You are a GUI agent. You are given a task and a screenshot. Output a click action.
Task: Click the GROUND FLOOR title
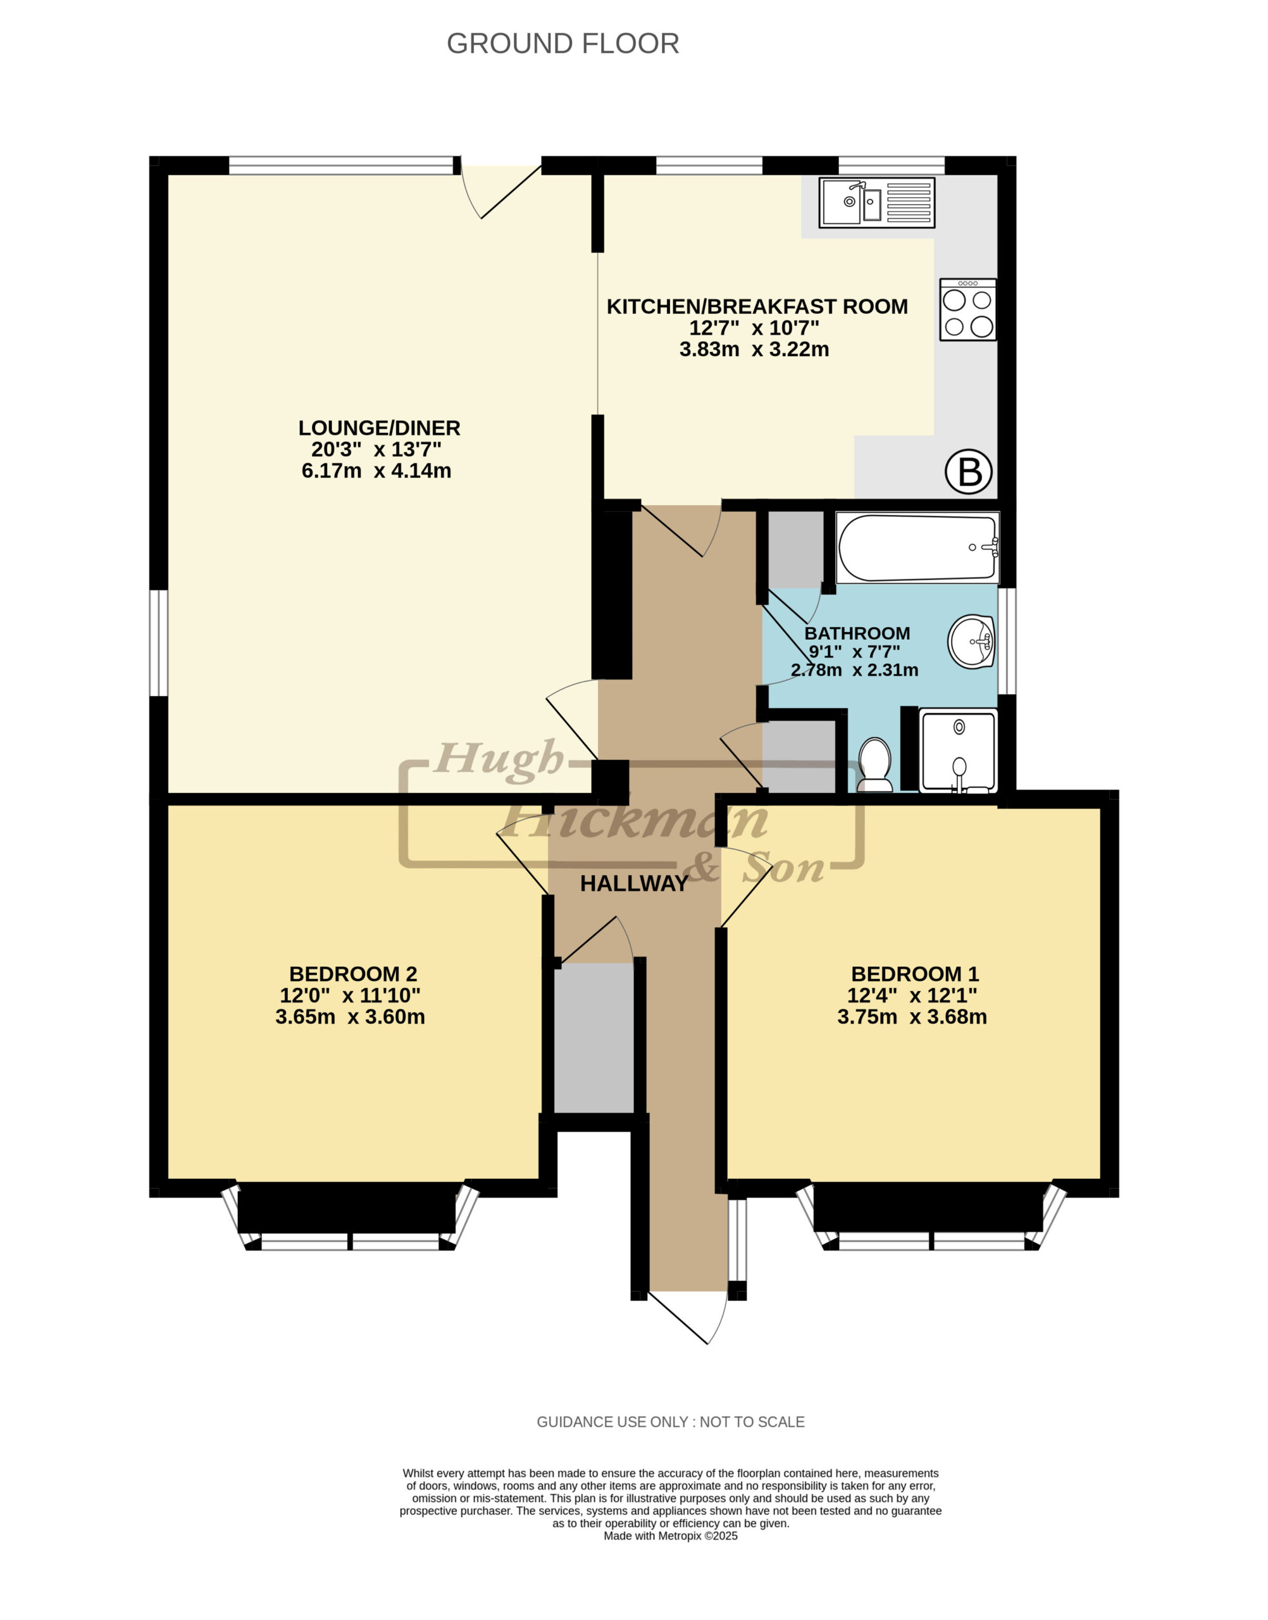pyautogui.click(x=563, y=44)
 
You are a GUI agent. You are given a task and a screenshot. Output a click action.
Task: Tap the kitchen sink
pyautogui.click(x=877, y=202)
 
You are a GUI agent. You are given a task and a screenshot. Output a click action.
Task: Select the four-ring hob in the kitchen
pyautogui.click(x=968, y=309)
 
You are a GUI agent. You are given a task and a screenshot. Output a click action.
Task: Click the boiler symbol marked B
pyautogui.click(x=969, y=471)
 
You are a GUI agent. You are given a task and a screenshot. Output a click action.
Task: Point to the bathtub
pyautogui.click(x=918, y=549)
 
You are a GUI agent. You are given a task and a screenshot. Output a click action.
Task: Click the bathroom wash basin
pyautogui.click(x=972, y=641)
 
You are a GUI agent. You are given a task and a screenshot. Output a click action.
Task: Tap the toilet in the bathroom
pyautogui.click(x=875, y=764)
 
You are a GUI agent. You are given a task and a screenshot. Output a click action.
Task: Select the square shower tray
pyautogui.click(x=959, y=751)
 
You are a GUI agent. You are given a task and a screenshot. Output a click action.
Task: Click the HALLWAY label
pyautogui.click(x=634, y=883)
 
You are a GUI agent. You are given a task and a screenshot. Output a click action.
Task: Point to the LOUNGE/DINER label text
pyautogui.click(x=380, y=428)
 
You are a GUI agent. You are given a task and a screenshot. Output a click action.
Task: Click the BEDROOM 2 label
pyautogui.click(x=352, y=973)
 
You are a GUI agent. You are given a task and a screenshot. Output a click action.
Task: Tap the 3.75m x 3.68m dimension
pyautogui.click(x=912, y=1016)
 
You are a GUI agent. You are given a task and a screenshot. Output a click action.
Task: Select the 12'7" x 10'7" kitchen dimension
pyautogui.click(x=754, y=327)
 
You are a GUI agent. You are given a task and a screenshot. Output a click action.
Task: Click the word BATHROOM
pyautogui.click(x=857, y=633)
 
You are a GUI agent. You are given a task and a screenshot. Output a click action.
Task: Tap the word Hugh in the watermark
pyautogui.click(x=497, y=759)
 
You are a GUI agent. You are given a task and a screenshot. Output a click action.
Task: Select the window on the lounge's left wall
pyautogui.click(x=159, y=643)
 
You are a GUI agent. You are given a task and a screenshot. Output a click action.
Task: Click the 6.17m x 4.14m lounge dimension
pyautogui.click(x=376, y=471)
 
